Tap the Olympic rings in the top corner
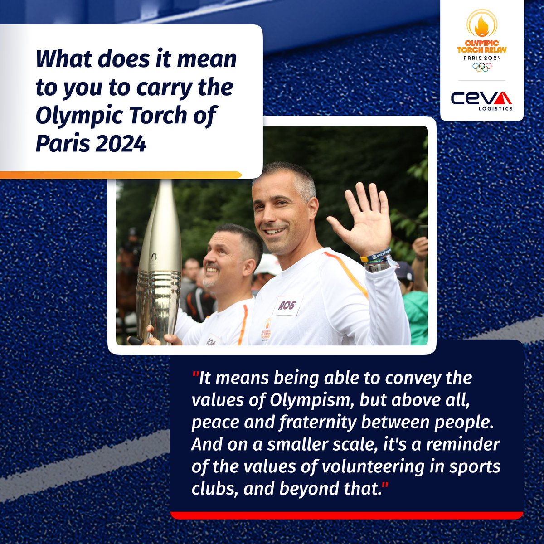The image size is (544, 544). [x=482, y=66]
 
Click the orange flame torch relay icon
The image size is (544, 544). [x=481, y=25]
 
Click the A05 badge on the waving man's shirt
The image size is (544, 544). [x=287, y=306]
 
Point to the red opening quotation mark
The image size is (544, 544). [x=196, y=377]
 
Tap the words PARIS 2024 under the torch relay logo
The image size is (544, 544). [x=481, y=58]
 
